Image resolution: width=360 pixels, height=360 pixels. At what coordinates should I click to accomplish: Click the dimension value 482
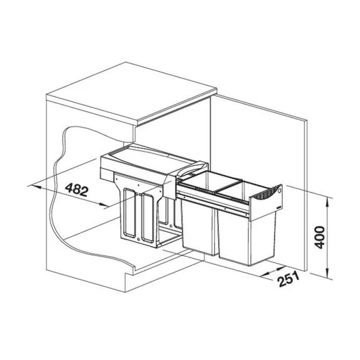coord(76,190)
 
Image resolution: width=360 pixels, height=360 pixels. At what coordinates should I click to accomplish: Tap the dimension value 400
coord(319,237)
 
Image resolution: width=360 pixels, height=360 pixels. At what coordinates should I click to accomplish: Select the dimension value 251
coord(289,279)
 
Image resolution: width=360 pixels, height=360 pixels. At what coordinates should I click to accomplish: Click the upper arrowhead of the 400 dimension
coord(328,202)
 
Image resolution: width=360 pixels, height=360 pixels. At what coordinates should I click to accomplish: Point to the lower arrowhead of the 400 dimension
coord(328,275)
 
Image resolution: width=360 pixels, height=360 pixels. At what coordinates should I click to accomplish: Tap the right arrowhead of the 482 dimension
coord(104,205)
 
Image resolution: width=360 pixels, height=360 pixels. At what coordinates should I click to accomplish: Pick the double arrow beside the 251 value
coord(272,271)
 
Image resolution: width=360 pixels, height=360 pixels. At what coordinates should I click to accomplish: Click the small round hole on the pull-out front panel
coord(279,191)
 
